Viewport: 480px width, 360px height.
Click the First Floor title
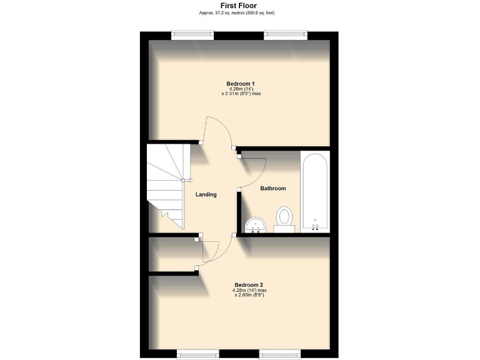(239, 6)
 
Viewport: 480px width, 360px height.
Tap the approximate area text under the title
(239, 12)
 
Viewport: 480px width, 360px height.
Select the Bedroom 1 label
(240, 84)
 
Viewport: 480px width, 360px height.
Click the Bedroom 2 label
(240, 284)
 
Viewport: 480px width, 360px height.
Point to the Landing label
(206, 194)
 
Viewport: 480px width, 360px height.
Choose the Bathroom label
(273, 188)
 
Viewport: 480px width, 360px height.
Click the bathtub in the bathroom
(315, 191)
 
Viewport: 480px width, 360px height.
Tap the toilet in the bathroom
(284, 219)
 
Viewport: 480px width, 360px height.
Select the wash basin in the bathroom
(256, 224)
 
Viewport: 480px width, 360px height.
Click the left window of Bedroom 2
(197, 354)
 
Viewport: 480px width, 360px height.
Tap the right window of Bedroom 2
(281, 354)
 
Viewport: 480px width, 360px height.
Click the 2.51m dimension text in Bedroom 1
(241, 94)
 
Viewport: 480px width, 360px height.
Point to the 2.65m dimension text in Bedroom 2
(241, 295)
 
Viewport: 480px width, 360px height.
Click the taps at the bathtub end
(315, 226)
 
